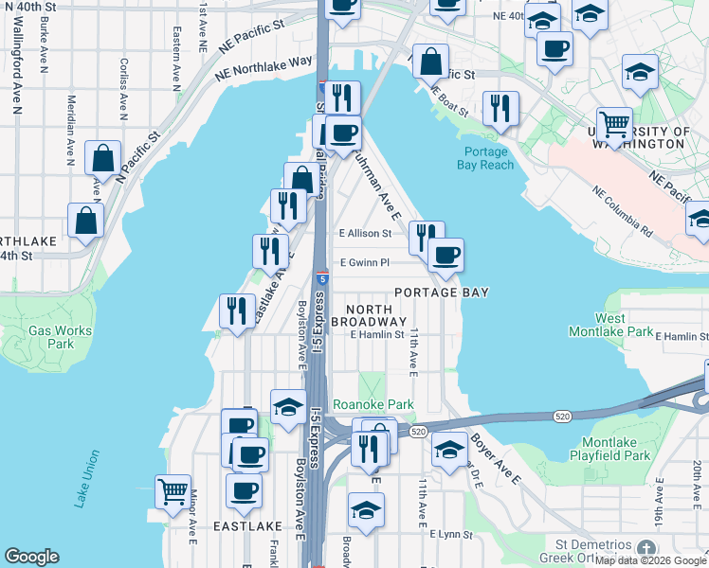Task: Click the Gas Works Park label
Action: point(51,337)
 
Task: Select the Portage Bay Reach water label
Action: point(489,158)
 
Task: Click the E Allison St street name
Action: point(365,233)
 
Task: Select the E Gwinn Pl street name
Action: point(365,263)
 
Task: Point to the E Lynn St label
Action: point(450,535)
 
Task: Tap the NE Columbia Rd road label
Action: point(623,210)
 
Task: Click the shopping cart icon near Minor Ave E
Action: point(173,491)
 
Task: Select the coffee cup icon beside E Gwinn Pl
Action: point(445,254)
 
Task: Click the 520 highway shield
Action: point(418,432)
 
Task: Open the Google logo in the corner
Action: point(31,557)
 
